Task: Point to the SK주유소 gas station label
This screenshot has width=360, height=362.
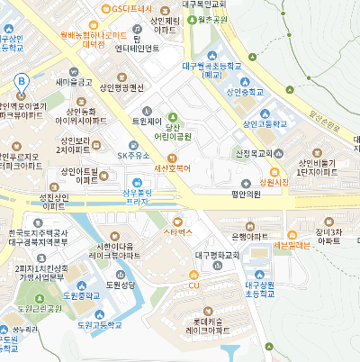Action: pos(135,156)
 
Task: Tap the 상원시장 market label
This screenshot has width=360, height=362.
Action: pos(273,181)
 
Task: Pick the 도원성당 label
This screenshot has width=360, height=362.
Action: pos(119,284)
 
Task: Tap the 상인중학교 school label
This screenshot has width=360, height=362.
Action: pos(245,91)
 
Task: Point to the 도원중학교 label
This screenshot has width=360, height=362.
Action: pos(77,294)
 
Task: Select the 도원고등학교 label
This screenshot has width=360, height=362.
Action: pos(98,324)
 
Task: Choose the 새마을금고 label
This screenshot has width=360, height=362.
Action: pos(74,82)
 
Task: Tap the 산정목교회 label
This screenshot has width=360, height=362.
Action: pos(254,154)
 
